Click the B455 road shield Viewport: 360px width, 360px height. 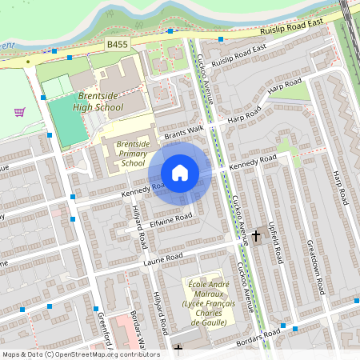[117, 49]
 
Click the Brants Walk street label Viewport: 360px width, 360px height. [185, 132]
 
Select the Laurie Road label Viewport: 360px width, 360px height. [163, 258]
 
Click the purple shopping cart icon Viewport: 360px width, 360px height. [19, 112]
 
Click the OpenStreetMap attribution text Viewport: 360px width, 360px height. [80, 354]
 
